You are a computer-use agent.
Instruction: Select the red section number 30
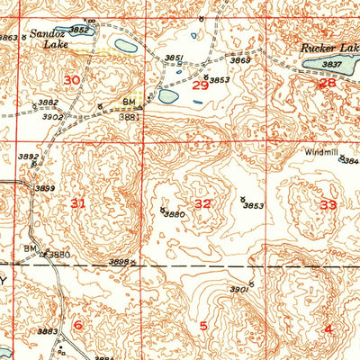pos(72,81)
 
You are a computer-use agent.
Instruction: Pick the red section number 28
pos(327,83)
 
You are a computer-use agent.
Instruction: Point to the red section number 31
pos(78,203)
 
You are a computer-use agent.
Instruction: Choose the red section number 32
pos(203,204)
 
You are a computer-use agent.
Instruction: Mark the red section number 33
pos(328,205)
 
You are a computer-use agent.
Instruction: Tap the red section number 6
pos(77,325)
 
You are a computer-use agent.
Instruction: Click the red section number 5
pos(203,326)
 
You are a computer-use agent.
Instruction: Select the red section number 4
pos(328,328)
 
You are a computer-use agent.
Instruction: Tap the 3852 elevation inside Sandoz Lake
pos(80,29)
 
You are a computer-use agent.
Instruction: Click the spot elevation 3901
pos(238,290)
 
